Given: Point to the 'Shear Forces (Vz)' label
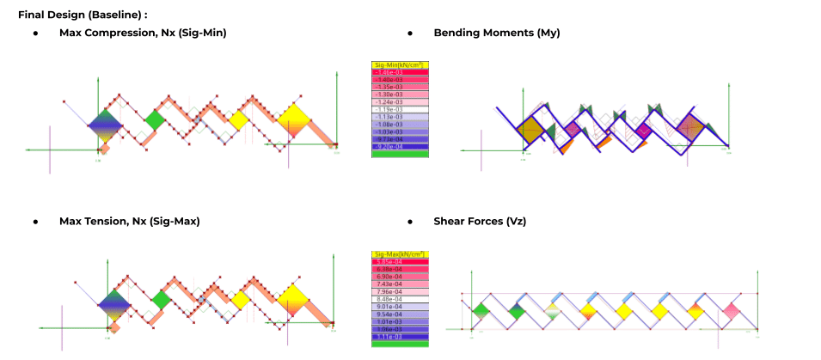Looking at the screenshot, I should click(x=480, y=222).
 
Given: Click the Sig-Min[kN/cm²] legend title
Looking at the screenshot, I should click(x=400, y=65).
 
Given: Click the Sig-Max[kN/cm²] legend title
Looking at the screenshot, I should click(x=400, y=255).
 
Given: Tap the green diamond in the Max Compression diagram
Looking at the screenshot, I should click(x=155, y=119).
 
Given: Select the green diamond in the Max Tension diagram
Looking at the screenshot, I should click(x=160, y=300).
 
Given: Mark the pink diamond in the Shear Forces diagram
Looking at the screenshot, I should click(x=732, y=309).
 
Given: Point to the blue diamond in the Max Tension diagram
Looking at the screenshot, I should click(x=114, y=304).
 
